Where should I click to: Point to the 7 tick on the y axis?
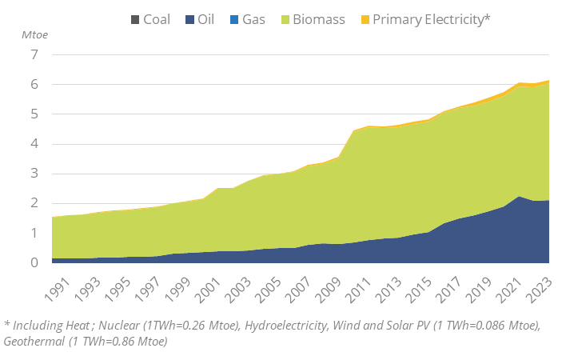coord(34,55)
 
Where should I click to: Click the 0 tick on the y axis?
coord(34,262)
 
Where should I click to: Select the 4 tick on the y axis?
coord(34,144)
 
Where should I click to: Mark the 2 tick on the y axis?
coord(34,203)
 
